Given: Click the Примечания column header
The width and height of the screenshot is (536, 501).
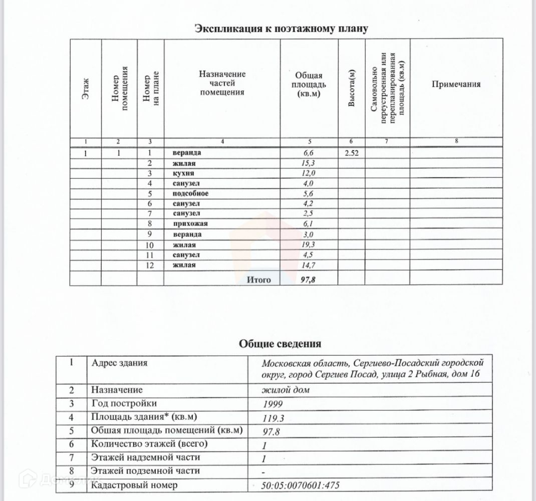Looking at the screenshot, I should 456,84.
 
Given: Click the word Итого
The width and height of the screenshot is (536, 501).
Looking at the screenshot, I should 258,280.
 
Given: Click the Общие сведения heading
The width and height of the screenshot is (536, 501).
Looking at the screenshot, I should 280,344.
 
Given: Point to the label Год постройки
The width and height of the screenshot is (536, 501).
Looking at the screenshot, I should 124,403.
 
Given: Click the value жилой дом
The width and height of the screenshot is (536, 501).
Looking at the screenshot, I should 283,390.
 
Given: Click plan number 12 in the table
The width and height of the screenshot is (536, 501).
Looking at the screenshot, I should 148,265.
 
